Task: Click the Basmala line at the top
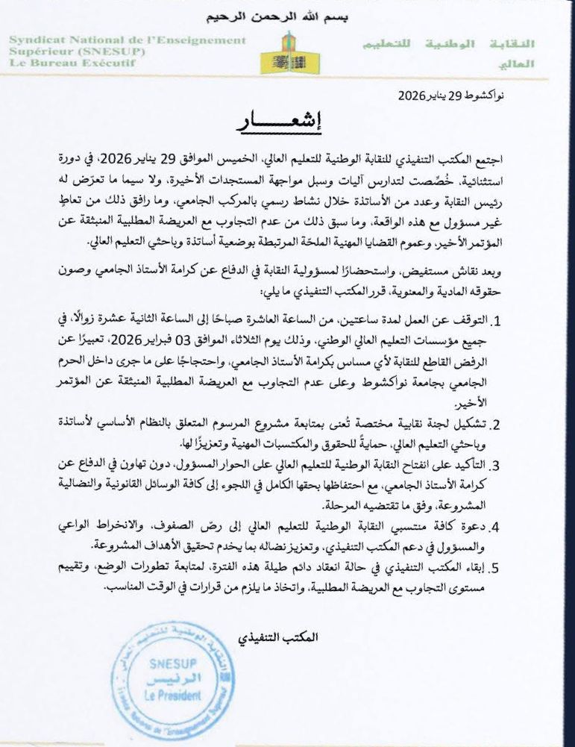point(287,16)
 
